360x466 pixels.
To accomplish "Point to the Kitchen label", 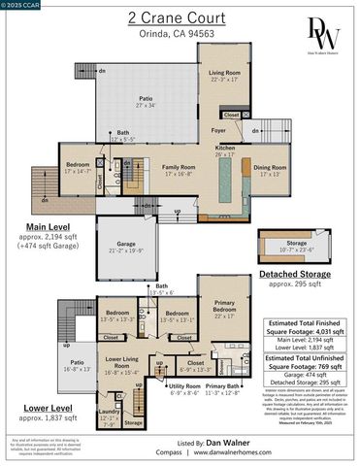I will [x=225, y=149].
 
